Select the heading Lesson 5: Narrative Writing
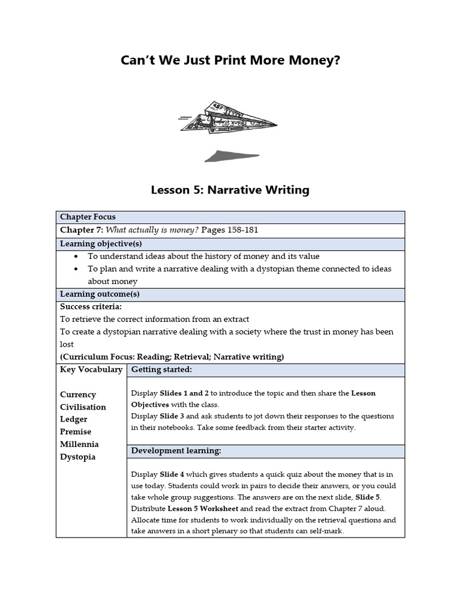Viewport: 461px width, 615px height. [x=230, y=190]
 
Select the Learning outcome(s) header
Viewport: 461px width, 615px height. [x=100, y=294]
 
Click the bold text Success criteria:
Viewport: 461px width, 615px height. [x=91, y=307]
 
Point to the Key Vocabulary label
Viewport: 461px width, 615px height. [x=91, y=369]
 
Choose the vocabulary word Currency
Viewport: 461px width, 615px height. [x=78, y=395]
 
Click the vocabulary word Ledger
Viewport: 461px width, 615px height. [x=74, y=419]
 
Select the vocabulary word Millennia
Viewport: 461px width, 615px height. [x=79, y=444]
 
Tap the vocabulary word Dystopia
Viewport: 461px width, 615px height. [x=78, y=457]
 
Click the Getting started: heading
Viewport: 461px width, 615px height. [x=161, y=369]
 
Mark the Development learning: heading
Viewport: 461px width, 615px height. [x=176, y=450]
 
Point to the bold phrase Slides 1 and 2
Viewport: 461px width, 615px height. [x=184, y=393]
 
